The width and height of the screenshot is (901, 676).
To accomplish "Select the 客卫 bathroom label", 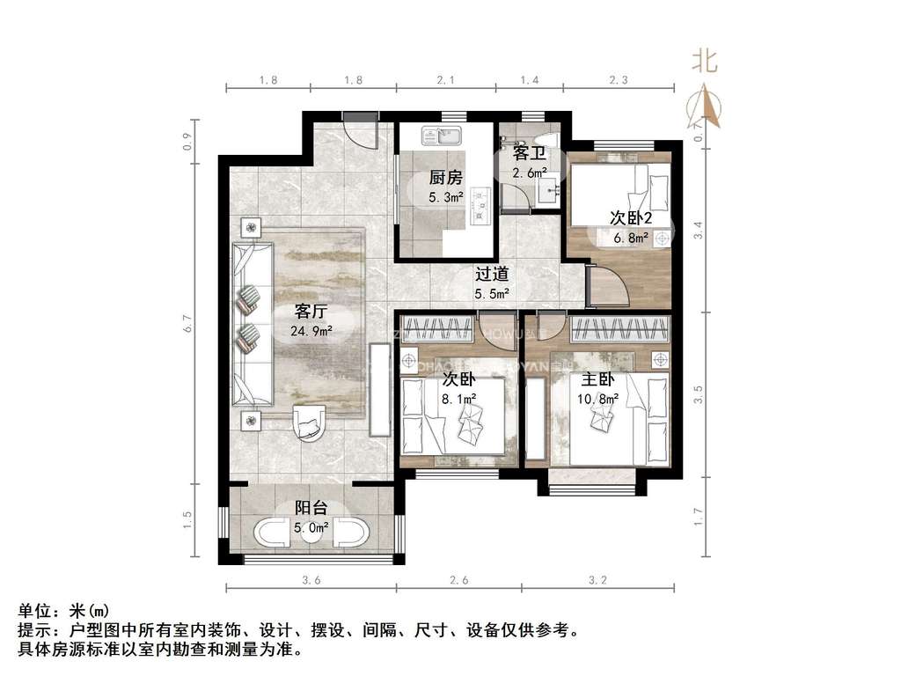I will pos(530,153).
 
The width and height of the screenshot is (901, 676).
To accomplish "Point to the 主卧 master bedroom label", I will pos(597,380).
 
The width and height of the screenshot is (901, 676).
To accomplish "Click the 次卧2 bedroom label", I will pos(631,217).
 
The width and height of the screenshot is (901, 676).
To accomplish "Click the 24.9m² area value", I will pos(311,331).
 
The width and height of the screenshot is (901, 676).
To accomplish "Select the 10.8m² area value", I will pos(597,399).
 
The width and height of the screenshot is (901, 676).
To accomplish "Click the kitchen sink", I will pos(441,136).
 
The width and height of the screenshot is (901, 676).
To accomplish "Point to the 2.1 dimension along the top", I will pos(445,80).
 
